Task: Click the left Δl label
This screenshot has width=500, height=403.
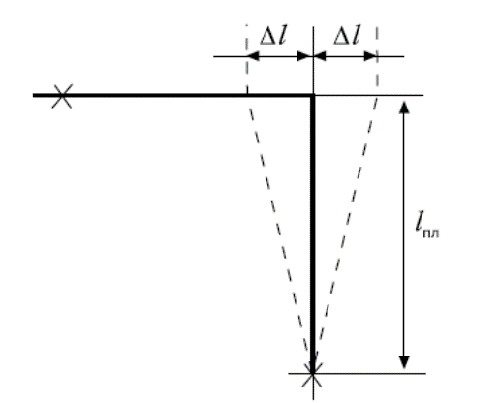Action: coord(273,37)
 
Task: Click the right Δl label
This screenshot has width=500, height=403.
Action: coord(347,37)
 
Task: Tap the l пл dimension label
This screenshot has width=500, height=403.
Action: coord(427,224)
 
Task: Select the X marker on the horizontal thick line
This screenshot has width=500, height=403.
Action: coord(62,96)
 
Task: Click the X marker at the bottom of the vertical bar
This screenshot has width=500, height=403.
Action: coord(312,375)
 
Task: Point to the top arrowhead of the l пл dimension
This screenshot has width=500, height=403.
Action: coord(404,108)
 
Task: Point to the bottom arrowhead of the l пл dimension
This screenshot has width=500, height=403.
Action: coord(404,362)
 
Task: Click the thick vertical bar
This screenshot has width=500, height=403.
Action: coord(312,233)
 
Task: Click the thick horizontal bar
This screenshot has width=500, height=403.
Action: coord(173,95)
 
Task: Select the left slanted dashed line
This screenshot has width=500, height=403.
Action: coord(280,233)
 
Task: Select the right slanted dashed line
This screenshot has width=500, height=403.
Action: coord(345,233)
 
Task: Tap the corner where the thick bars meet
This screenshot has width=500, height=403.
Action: coord(312,95)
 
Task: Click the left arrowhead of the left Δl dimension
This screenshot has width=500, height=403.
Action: coord(253,56)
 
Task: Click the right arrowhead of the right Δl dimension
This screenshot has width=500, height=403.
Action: coord(370,56)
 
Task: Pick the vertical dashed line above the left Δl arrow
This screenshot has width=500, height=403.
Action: coord(247,59)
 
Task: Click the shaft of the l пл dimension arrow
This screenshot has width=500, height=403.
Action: coord(404,234)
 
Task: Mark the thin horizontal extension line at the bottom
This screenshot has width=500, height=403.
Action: coord(357,373)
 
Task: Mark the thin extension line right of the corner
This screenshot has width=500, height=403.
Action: coord(369,95)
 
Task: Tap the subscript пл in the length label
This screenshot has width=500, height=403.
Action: coord(431,233)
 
